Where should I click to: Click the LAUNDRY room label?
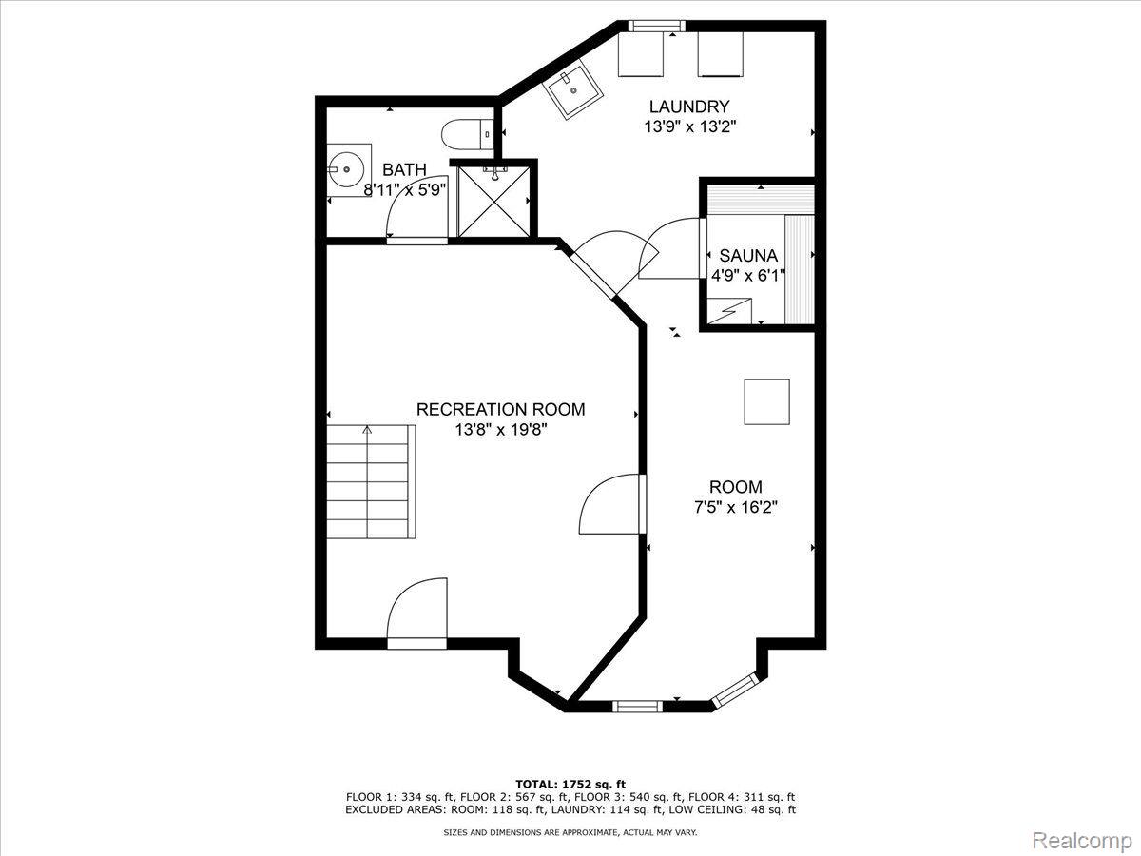click(x=689, y=107)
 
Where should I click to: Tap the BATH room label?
click(x=404, y=169)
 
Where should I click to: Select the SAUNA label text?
click(x=748, y=255)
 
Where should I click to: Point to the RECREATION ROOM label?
click(x=500, y=409)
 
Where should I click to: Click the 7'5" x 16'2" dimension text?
click(x=736, y=507)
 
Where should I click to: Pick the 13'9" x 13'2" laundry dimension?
click(x=690, y=126)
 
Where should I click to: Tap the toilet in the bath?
click(x=467, y=135)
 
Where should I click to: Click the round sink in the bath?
click(x=346, y=169)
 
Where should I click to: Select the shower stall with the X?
click(x=493, y=202)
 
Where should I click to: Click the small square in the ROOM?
click(x=766, y=401)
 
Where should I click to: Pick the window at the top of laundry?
click(x=653, y=26)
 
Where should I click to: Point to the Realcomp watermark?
click(x=1082, y=840)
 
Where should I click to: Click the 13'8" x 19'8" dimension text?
click(x=501, y=430)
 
